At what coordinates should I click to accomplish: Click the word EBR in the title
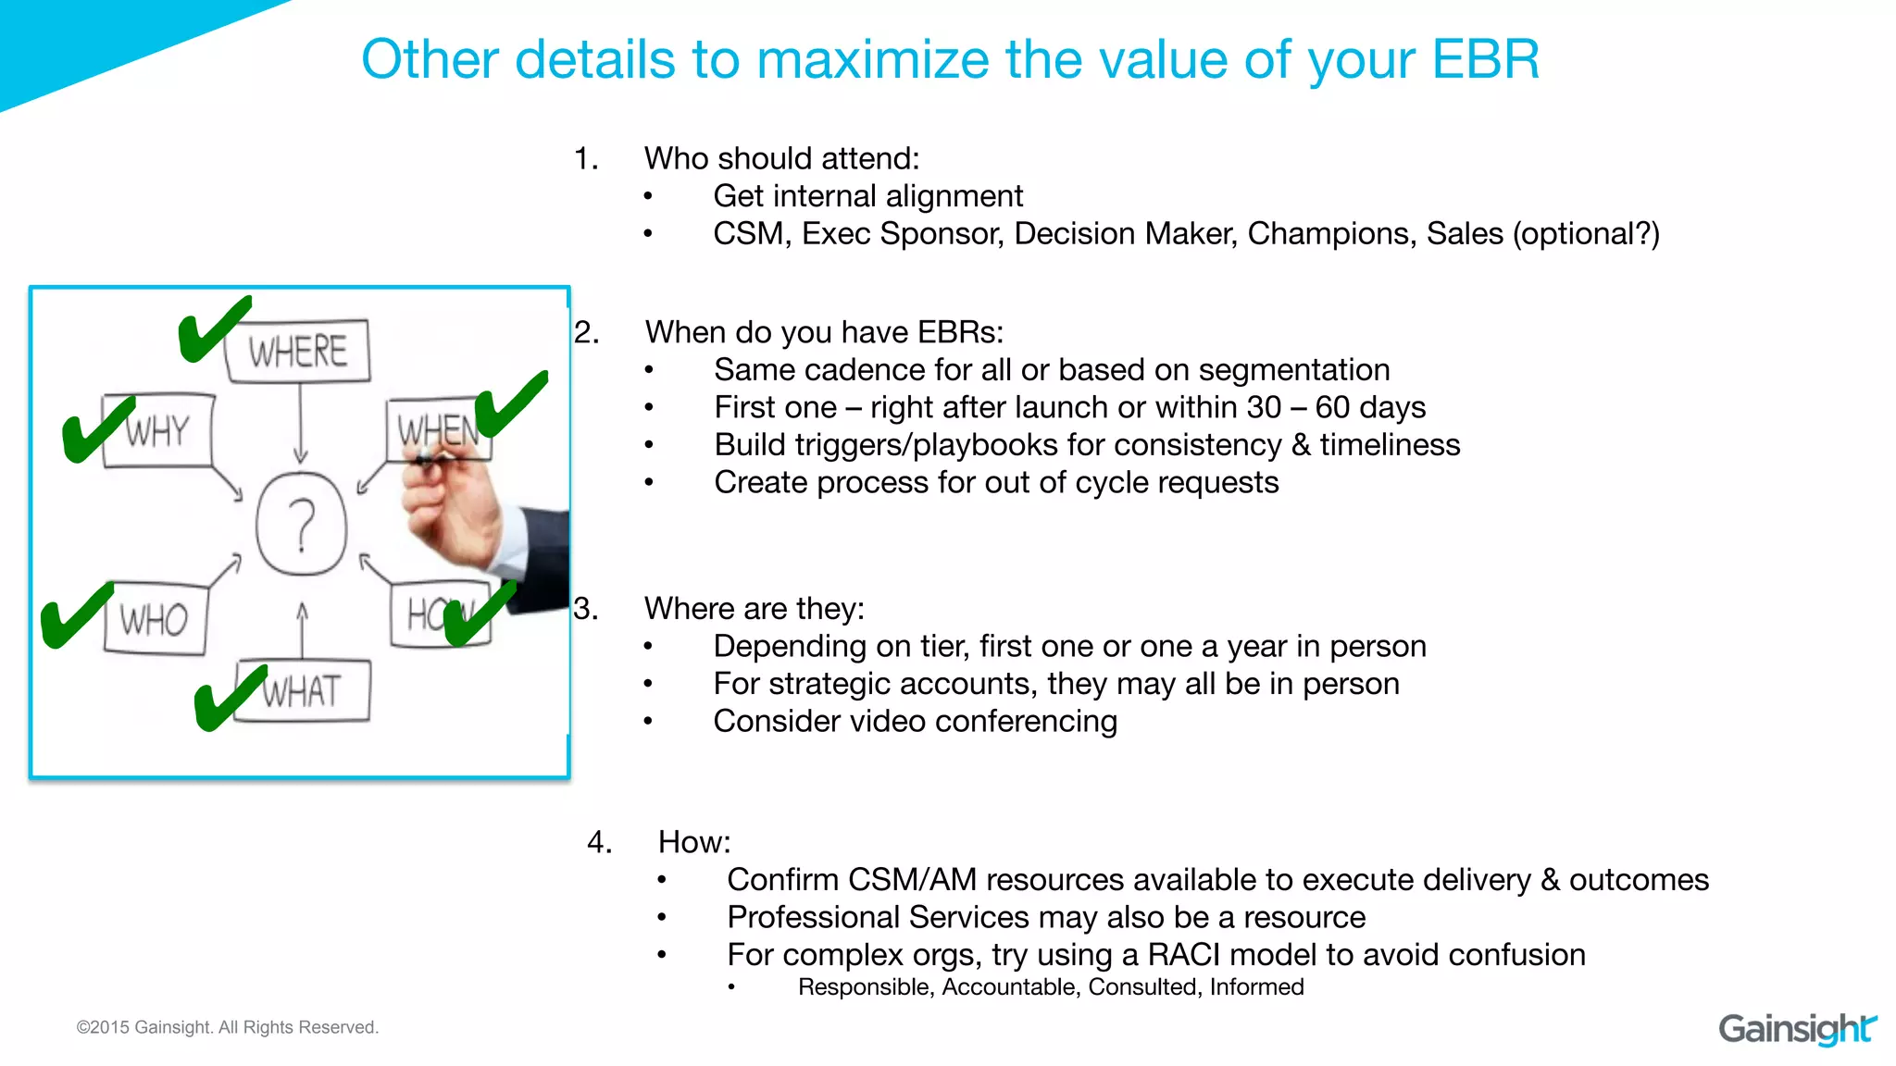1484,60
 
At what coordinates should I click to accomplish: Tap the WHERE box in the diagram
297,352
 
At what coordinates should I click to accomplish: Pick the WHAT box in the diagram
303,692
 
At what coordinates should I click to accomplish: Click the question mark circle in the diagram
301,525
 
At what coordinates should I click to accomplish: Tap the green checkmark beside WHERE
213,328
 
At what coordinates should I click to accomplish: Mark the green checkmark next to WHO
76,615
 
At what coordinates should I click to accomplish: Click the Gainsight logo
1796,1029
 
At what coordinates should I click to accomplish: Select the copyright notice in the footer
227,1027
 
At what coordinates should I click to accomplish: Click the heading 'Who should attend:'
781,158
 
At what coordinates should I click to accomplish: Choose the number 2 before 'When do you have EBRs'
586,331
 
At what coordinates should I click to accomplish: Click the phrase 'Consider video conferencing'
915,721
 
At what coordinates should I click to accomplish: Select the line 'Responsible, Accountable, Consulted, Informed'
1050,987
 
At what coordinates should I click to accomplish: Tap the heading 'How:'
693,842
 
